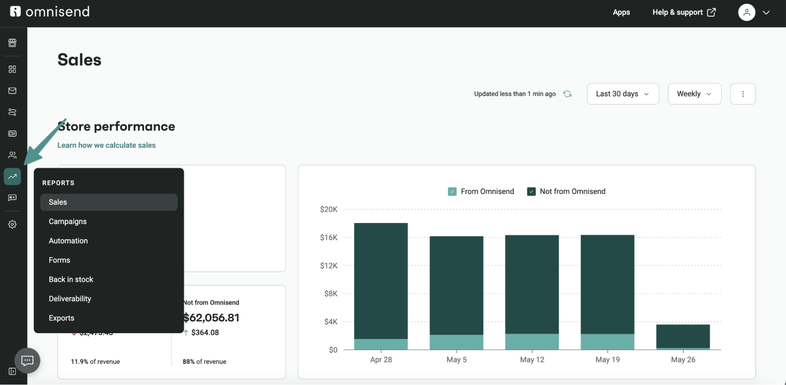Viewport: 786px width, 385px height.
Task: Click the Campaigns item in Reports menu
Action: pos(68,221)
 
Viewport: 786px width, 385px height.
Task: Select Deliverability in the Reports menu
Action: pos(70,298)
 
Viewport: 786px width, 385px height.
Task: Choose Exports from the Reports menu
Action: pos(61,318)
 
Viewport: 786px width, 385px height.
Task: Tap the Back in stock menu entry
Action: pos(71,279)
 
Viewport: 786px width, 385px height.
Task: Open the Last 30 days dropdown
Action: pos(622,94)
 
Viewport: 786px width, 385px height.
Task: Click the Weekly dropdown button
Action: pos(694,94)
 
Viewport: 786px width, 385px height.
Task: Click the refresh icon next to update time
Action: pos(567,94)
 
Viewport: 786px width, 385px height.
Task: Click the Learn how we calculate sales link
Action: pos(106,145)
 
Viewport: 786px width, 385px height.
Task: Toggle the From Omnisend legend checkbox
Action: pos(452,192)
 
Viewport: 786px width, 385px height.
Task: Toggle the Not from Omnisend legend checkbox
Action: pos(531,192)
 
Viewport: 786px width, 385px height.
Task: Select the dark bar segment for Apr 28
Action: pos(381,281)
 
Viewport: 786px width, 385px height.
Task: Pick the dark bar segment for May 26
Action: pos(683,336)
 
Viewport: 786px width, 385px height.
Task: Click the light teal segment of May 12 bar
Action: pos(532,341)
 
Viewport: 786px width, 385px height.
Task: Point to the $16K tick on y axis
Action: pos(329,238)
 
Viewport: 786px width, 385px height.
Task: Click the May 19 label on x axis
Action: pos(607,359)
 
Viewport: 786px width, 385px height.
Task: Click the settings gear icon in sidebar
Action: pos(12,224)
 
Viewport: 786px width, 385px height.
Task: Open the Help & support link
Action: pos(683,12)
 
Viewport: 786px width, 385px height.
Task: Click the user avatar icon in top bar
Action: pos(746,12)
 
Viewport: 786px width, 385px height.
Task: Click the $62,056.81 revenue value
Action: pos(212,317)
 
